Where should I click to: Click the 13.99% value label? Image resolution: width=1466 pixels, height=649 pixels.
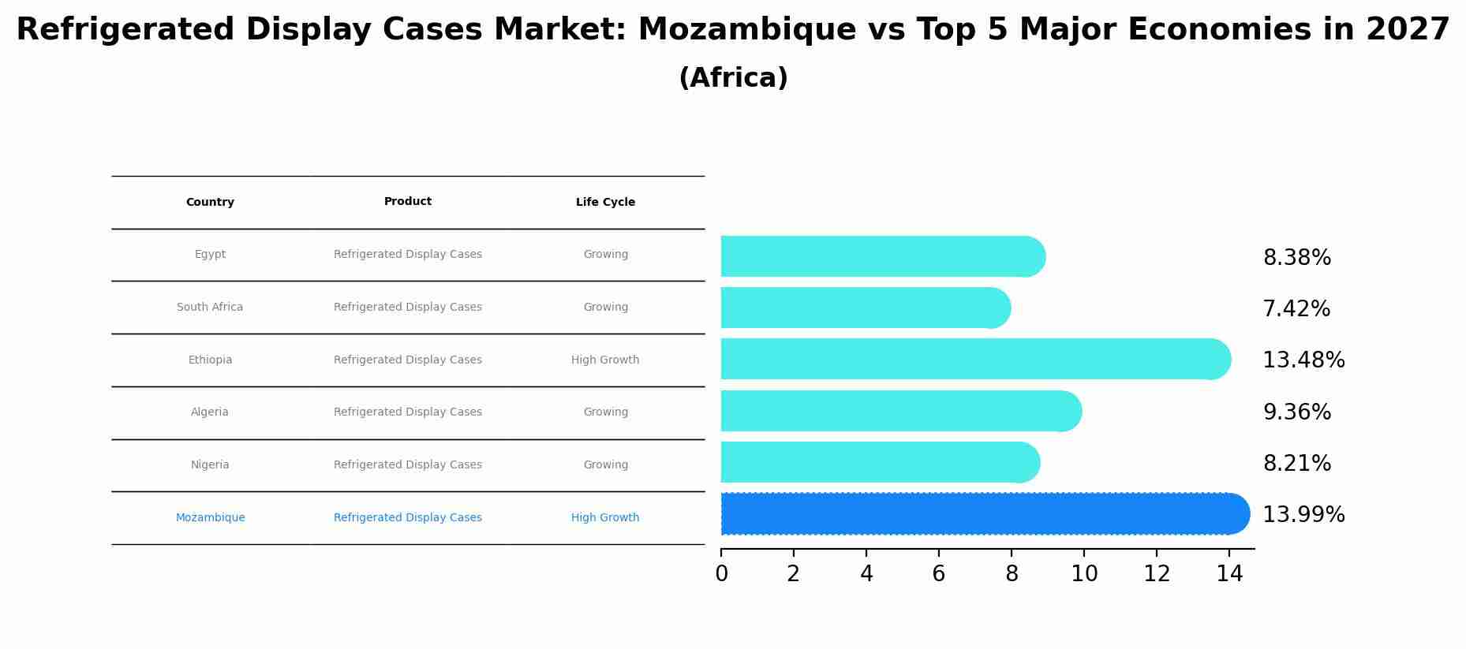(1303, 515)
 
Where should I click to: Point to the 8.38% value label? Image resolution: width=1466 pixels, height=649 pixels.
(1296, 258)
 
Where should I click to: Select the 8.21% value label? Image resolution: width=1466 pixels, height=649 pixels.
(1296, 464)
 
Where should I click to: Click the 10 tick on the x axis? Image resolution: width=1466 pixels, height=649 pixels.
(1084, 574)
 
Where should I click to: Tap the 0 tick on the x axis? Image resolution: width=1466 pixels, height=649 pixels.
(721, 574)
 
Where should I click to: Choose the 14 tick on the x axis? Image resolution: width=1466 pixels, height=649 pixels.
(1229, 574)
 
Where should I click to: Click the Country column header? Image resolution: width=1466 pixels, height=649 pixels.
(210, 203)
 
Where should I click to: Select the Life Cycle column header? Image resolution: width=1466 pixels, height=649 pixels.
(605, 203)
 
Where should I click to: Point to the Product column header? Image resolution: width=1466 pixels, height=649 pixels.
(408, 202)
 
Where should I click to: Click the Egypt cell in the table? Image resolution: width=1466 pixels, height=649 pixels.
(210, 255)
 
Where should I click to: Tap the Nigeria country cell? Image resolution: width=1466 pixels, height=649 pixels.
(210, 465)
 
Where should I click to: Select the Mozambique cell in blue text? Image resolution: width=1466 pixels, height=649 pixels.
(210, 518)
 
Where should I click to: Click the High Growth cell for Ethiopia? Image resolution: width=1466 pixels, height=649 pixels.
(605, 360)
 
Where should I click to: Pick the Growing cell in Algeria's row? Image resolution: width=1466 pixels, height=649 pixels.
(605, 412)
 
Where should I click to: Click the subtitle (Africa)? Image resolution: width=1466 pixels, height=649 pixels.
(733, 78)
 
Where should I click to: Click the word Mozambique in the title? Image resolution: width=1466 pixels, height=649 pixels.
(746, 31)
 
